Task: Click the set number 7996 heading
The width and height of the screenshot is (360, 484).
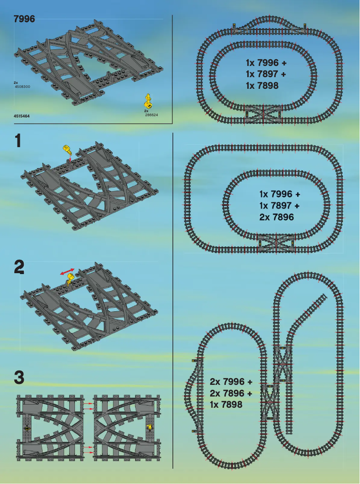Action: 25,19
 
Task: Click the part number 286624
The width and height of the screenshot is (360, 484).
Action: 151,115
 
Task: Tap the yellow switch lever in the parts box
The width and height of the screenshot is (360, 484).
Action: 149,100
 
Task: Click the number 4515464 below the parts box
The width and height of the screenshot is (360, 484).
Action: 22,116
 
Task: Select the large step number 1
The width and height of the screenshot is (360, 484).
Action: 18,141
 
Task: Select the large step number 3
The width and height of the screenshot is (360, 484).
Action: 19,377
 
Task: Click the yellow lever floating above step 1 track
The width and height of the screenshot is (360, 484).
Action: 67,149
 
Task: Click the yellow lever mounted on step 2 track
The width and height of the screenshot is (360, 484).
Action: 70,282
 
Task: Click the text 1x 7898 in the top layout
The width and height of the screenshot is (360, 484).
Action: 262,86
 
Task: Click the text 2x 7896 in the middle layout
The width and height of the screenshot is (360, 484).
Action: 277,217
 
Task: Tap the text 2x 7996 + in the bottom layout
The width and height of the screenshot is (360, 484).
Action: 231,382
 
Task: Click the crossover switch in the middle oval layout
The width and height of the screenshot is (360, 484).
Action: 276,241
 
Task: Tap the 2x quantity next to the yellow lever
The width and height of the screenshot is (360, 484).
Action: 146,110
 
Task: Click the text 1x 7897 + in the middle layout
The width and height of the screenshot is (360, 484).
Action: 279,205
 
